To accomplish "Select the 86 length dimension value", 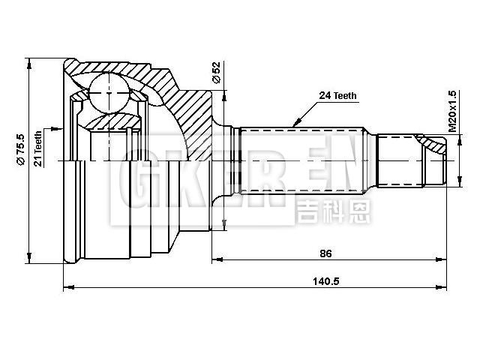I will pos(325,253).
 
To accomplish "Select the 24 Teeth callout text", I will pos(337,96).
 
